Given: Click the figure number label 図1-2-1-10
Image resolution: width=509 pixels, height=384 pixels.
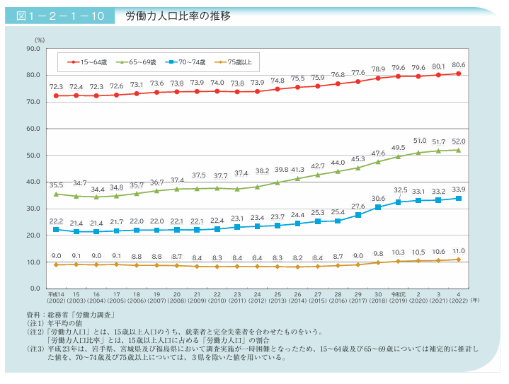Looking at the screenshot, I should tap(60, 16).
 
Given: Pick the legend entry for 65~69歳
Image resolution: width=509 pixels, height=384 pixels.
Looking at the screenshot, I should tap(137, 62).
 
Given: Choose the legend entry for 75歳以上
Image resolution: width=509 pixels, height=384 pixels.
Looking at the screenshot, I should tap(236, 62).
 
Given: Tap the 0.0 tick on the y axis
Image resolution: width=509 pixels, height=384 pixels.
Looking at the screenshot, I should tap(33, 289).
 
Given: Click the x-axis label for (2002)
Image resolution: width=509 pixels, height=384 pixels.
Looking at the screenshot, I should tap(56, 301).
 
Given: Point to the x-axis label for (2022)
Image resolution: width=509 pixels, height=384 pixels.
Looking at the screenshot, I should tap(459, 301).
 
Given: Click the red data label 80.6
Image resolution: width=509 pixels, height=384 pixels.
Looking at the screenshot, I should tap(459, 65).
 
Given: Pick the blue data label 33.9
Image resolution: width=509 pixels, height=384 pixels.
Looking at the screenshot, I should tap(459, 189).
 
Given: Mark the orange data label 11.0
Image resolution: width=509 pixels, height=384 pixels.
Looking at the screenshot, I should tap(459, 251).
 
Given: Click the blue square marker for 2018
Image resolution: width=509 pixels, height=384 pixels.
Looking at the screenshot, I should tap(378, 207).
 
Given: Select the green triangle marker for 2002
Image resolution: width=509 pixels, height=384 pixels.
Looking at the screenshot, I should tap(56, 194).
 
